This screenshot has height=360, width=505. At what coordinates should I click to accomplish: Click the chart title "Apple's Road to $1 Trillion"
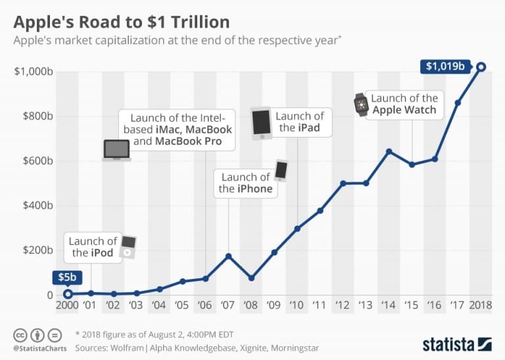click(122, 22)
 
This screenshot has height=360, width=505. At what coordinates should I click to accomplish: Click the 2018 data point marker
click(481, 66)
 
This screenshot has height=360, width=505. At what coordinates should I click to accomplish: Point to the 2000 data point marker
click(68, 294)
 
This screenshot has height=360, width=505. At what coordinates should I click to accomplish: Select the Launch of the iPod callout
click(93, 247)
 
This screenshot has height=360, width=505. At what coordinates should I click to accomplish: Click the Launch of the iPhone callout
click(245, 182)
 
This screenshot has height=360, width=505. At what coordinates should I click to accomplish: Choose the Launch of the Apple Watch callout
click(404, 104)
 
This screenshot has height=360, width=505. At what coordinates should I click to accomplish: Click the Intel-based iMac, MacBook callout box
click(178, 128)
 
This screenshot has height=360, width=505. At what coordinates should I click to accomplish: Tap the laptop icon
click(117, 150)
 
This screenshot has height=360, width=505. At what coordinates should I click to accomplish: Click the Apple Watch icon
click(360, 104)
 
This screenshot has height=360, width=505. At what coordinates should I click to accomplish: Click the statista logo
click(457, 343)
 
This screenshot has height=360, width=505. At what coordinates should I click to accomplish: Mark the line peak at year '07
click(228, 255)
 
